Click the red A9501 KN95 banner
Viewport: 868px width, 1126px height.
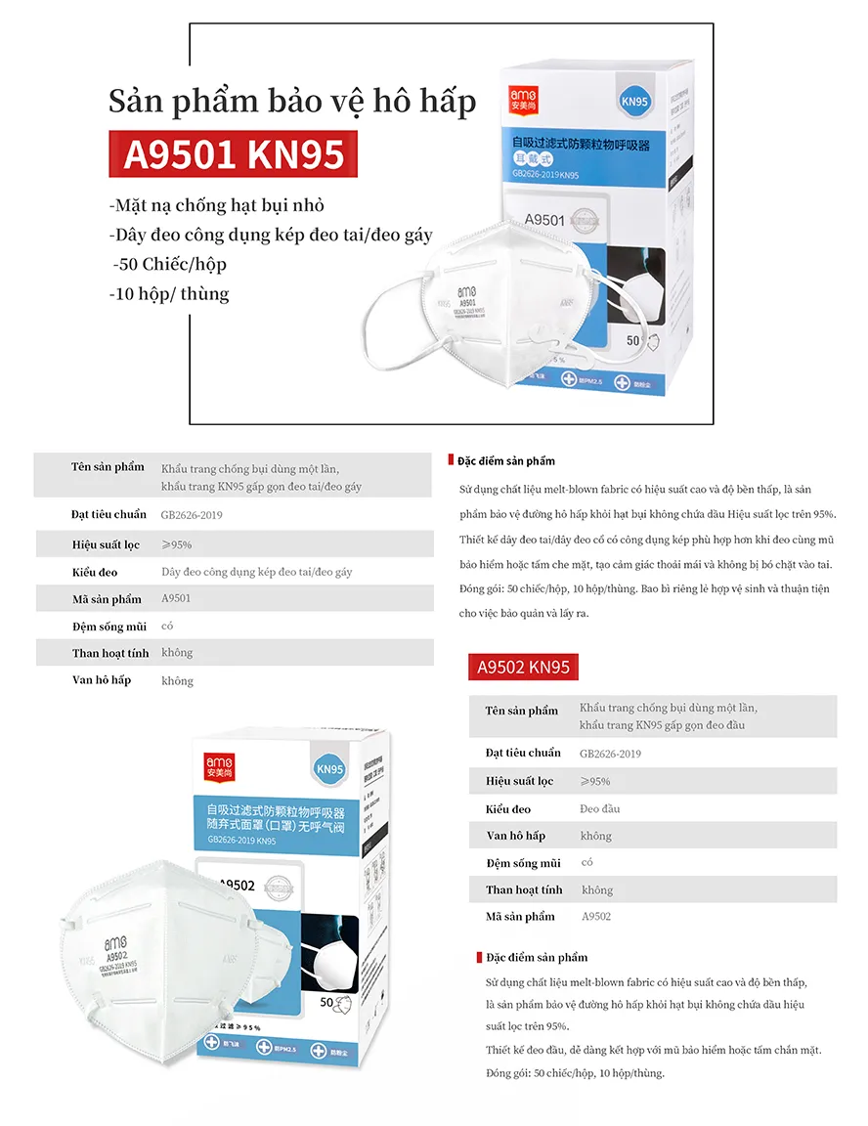234,153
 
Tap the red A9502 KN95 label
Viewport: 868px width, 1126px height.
522,668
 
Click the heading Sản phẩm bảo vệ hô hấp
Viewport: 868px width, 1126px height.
292,102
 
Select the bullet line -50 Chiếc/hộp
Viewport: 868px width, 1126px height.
169,264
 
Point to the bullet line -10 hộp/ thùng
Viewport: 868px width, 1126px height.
170,293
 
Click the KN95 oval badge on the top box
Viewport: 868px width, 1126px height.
635,101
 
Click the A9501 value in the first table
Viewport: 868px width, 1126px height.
176,599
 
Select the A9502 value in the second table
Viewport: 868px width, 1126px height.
596,917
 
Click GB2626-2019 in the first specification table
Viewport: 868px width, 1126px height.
192,514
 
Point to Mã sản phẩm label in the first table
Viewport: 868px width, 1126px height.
107,599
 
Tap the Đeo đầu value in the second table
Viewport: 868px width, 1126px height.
599,808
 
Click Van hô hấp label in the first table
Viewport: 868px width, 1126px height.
102,679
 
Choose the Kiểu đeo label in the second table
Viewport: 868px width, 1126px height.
508,808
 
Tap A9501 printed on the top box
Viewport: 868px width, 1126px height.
544,220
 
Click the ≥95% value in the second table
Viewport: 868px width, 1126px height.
594,781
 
